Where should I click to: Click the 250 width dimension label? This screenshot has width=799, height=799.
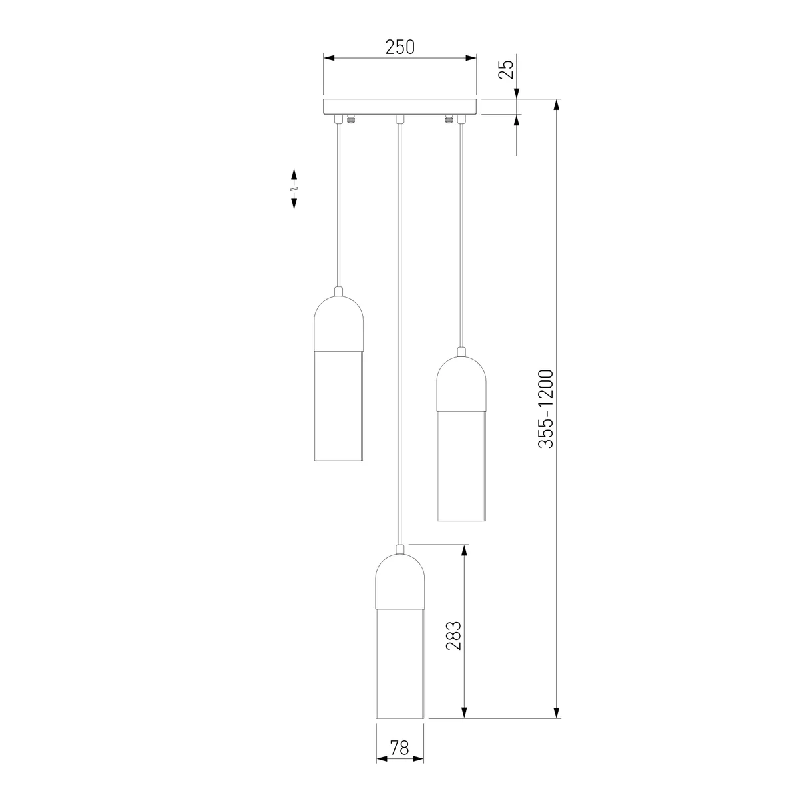(400, 47)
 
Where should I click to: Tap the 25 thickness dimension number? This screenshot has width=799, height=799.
(506, 69)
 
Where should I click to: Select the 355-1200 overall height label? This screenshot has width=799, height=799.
(546, 409)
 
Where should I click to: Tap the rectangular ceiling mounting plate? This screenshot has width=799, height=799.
(400, 106)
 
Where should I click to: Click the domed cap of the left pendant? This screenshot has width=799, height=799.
(339, 323)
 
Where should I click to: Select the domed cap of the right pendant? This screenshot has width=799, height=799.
(461, 384)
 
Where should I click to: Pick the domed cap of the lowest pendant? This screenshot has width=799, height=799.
(400, 581)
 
